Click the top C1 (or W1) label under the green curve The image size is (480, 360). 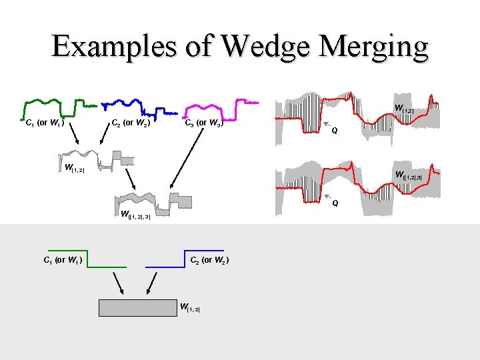44,123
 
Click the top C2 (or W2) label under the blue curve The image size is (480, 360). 130,123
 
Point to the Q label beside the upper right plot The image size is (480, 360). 335,130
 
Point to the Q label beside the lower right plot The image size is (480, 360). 335,202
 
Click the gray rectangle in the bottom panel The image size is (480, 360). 137,307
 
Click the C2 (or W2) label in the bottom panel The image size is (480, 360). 210,259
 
